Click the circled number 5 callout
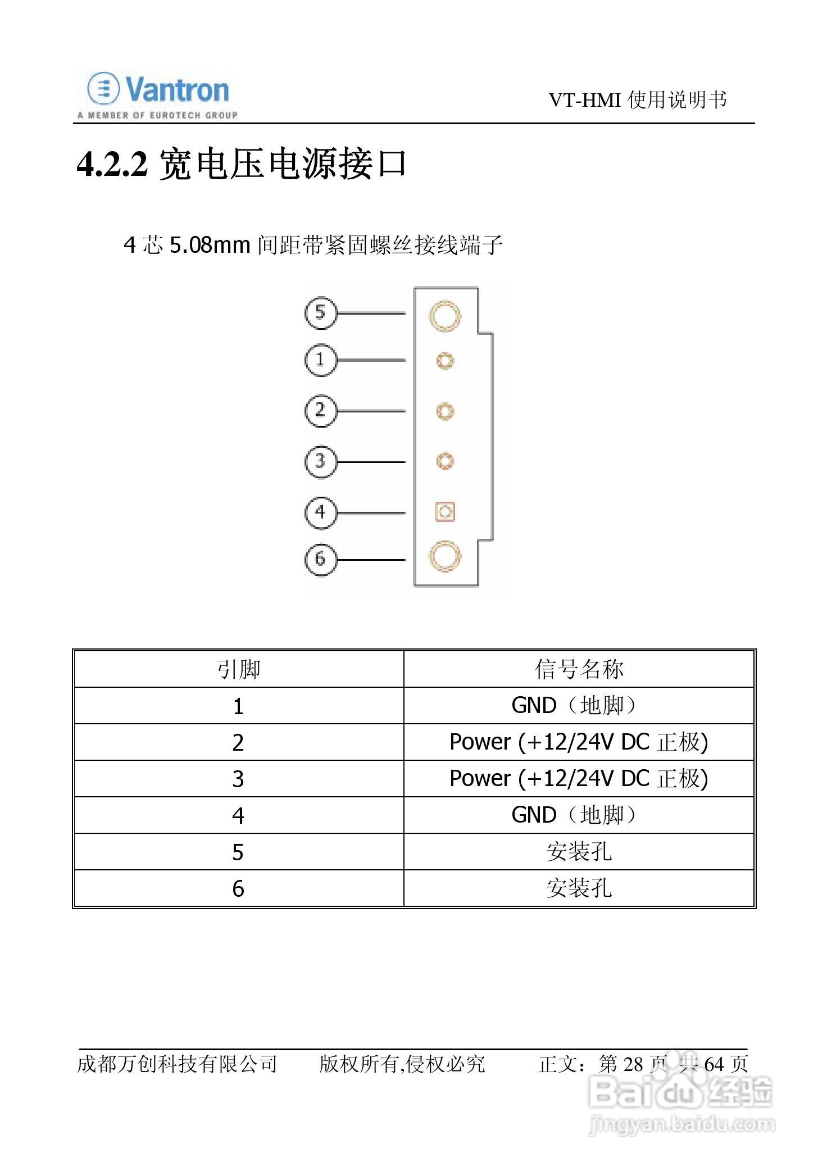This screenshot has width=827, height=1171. pyautogui.click(x=320, y=312)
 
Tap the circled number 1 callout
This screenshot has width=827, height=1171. pyautogui.click(x=320, y=360)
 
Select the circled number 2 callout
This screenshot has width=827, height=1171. pyautogui.click(x=320, y=411)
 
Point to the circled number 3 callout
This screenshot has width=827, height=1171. pyautogui.click(x=320, y=461)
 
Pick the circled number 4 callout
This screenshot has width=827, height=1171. pyautogui.click(x=320, y=512)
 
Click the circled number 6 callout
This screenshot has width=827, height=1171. pyautogui.click(x=320, y=559)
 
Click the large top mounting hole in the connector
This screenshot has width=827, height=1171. pyautogui.click(x=444, y=315)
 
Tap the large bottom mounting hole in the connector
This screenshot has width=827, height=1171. pyautogui.click(x=444, y=556)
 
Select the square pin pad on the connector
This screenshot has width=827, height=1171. pyautogui.click(x=444, y=512)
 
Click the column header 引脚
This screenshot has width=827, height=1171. pyautogui.click(x=239, y=669)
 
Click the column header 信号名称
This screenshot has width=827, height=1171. pyautogui.click(x=579, y=669)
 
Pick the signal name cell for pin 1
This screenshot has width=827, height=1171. pyautogui.click(x=579, y=705)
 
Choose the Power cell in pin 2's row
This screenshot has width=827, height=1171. pyautogui.click(x=579, y=742)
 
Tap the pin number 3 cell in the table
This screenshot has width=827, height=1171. pyautogui.click(x=238, y=779)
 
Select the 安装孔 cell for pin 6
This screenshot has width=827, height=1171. pyautogui.click(x=579, y=888)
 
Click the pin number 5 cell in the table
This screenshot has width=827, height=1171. pyautogui.click(x=238, y=852)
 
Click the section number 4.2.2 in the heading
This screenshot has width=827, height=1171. pyautogui.click(x=112, y=165)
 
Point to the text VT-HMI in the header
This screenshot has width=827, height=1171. pyautogui.click(x=585, y=101)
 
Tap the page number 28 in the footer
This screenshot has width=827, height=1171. pyautogui.click(x=633, y=1064)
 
